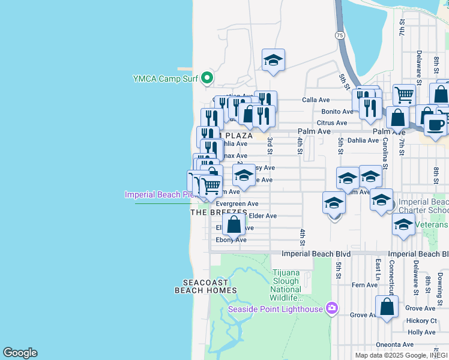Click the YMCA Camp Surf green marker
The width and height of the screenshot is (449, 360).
pyautogui.click(x=207, y=78)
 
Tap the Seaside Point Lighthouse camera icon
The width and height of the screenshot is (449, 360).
pyautogui.click(x=331, y=309)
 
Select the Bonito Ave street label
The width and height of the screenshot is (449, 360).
pyautogui.click(x=337, y=112)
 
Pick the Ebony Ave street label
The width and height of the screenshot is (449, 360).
pyautogui.click(x=231, y=240)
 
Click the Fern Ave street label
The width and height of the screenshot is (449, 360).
pyautogui.click(x=364, y=285)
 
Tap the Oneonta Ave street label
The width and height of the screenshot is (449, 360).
pyautogui.click(x=394, y=344)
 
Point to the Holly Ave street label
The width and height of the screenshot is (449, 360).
pyautogui.click(x=421, y=332)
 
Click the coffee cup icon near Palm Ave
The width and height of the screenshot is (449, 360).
pyautogui.click(x=435, y=125)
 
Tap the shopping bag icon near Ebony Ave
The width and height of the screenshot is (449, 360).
pyautogui.click(x=234, y=225)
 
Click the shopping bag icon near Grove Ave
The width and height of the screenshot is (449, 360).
pyautogui.click(x=388, y=307)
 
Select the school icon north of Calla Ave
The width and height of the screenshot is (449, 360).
pyautogui.click(x=273, y=60)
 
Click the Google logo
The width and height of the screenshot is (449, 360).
pyautogui.click(x=20, y=353)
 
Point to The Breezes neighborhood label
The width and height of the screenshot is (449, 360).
pyautogui.click(x=218, y=212)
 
